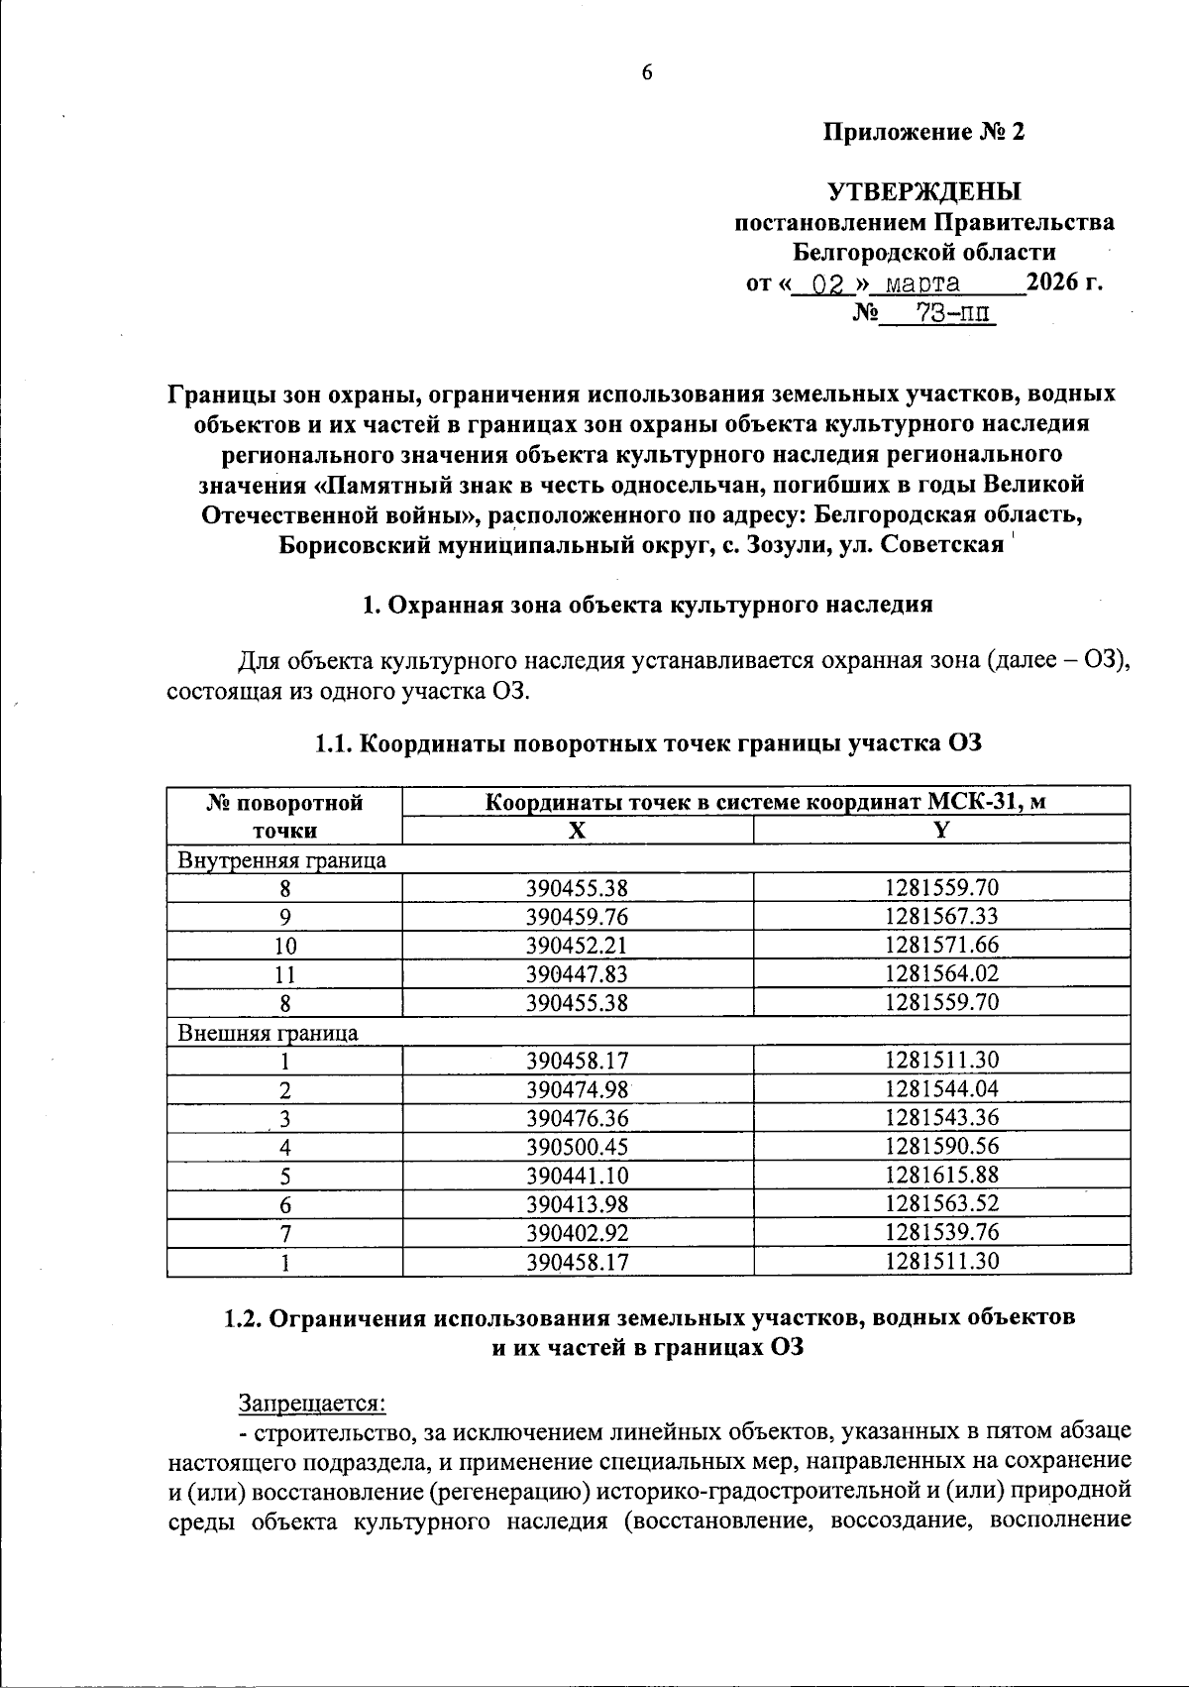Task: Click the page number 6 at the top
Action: pyautogui.click(x=647, y=72)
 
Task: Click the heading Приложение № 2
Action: pyautogui.click(x=923, y=132)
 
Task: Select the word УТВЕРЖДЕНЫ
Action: pyautogui.click(x=923, y=190)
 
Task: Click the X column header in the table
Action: pyautogui.click(x=577, y=831)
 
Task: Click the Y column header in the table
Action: pyautogui.click(x=941, y=831)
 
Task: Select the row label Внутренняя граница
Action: pyautogui.click(x=281, y=859)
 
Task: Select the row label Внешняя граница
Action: pyautogui.click(x=268, y=1032)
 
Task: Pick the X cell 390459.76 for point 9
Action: pyautogui.click(x=577, y=917)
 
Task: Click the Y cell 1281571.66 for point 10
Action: pyautogui.click(x=941, y=946)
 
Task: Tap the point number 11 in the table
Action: pyautogui.click(x=285, y=974)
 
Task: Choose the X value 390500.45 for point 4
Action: pyautogui.click(x=577, y=1147)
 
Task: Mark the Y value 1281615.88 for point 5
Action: pyautogui.click(x=941, y=1176)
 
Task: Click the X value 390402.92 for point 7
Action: pyautogui.click(x=577, y=1233)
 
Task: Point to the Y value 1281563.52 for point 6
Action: pyautogui.click(x=941, y=1204)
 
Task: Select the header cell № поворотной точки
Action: pyautogui.click(x=285, y=816)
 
